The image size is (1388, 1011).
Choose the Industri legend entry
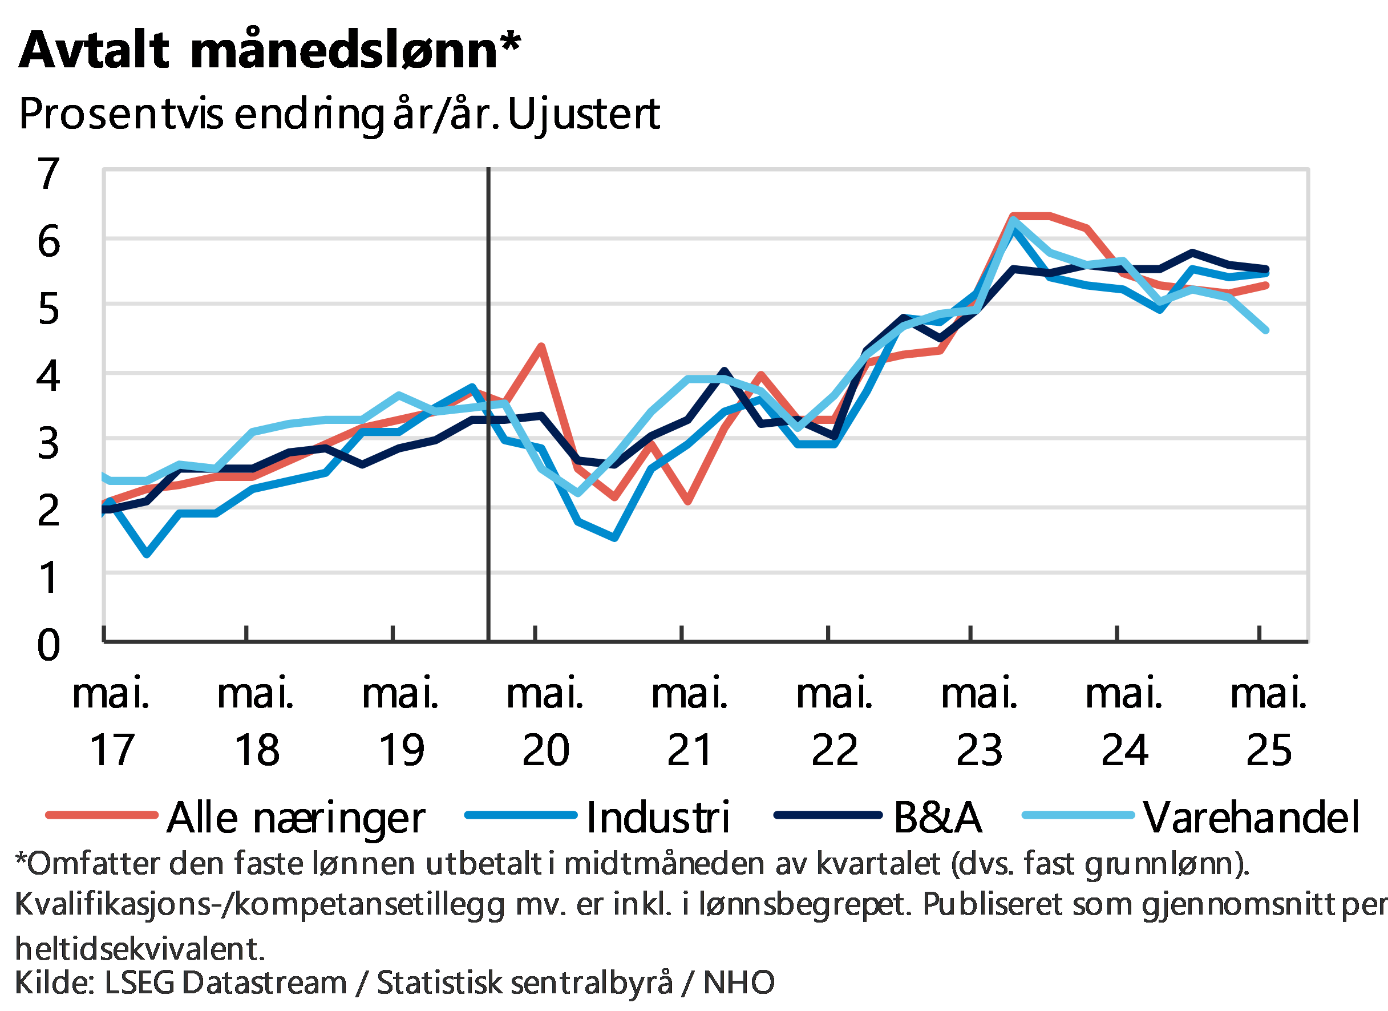(x=658, y=816)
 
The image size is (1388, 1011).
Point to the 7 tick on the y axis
(x=49, y=173)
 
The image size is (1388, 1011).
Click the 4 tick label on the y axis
(x=49, y=374)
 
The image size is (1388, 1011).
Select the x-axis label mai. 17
(x=111, y=722)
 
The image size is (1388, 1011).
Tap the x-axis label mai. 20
(x=545, y=722)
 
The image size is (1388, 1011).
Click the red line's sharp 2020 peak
(x=541, y=346)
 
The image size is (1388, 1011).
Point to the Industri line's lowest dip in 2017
(x=147, y=555)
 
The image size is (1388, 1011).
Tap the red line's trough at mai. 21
(x=689, y=503)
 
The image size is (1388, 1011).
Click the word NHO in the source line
(x=739, y=983)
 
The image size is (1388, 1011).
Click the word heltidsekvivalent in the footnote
(x=140, y=949)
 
